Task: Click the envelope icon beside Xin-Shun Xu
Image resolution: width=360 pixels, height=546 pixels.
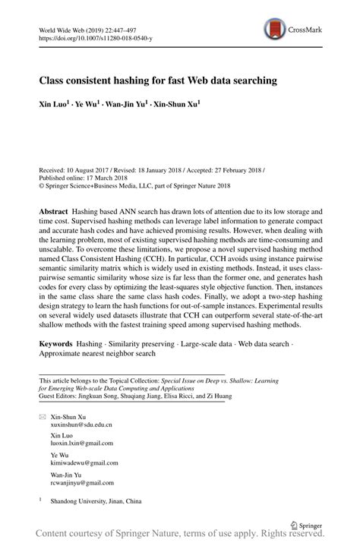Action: pos(42,418)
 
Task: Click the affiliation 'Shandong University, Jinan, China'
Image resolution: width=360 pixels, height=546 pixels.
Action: pos(96,502)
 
